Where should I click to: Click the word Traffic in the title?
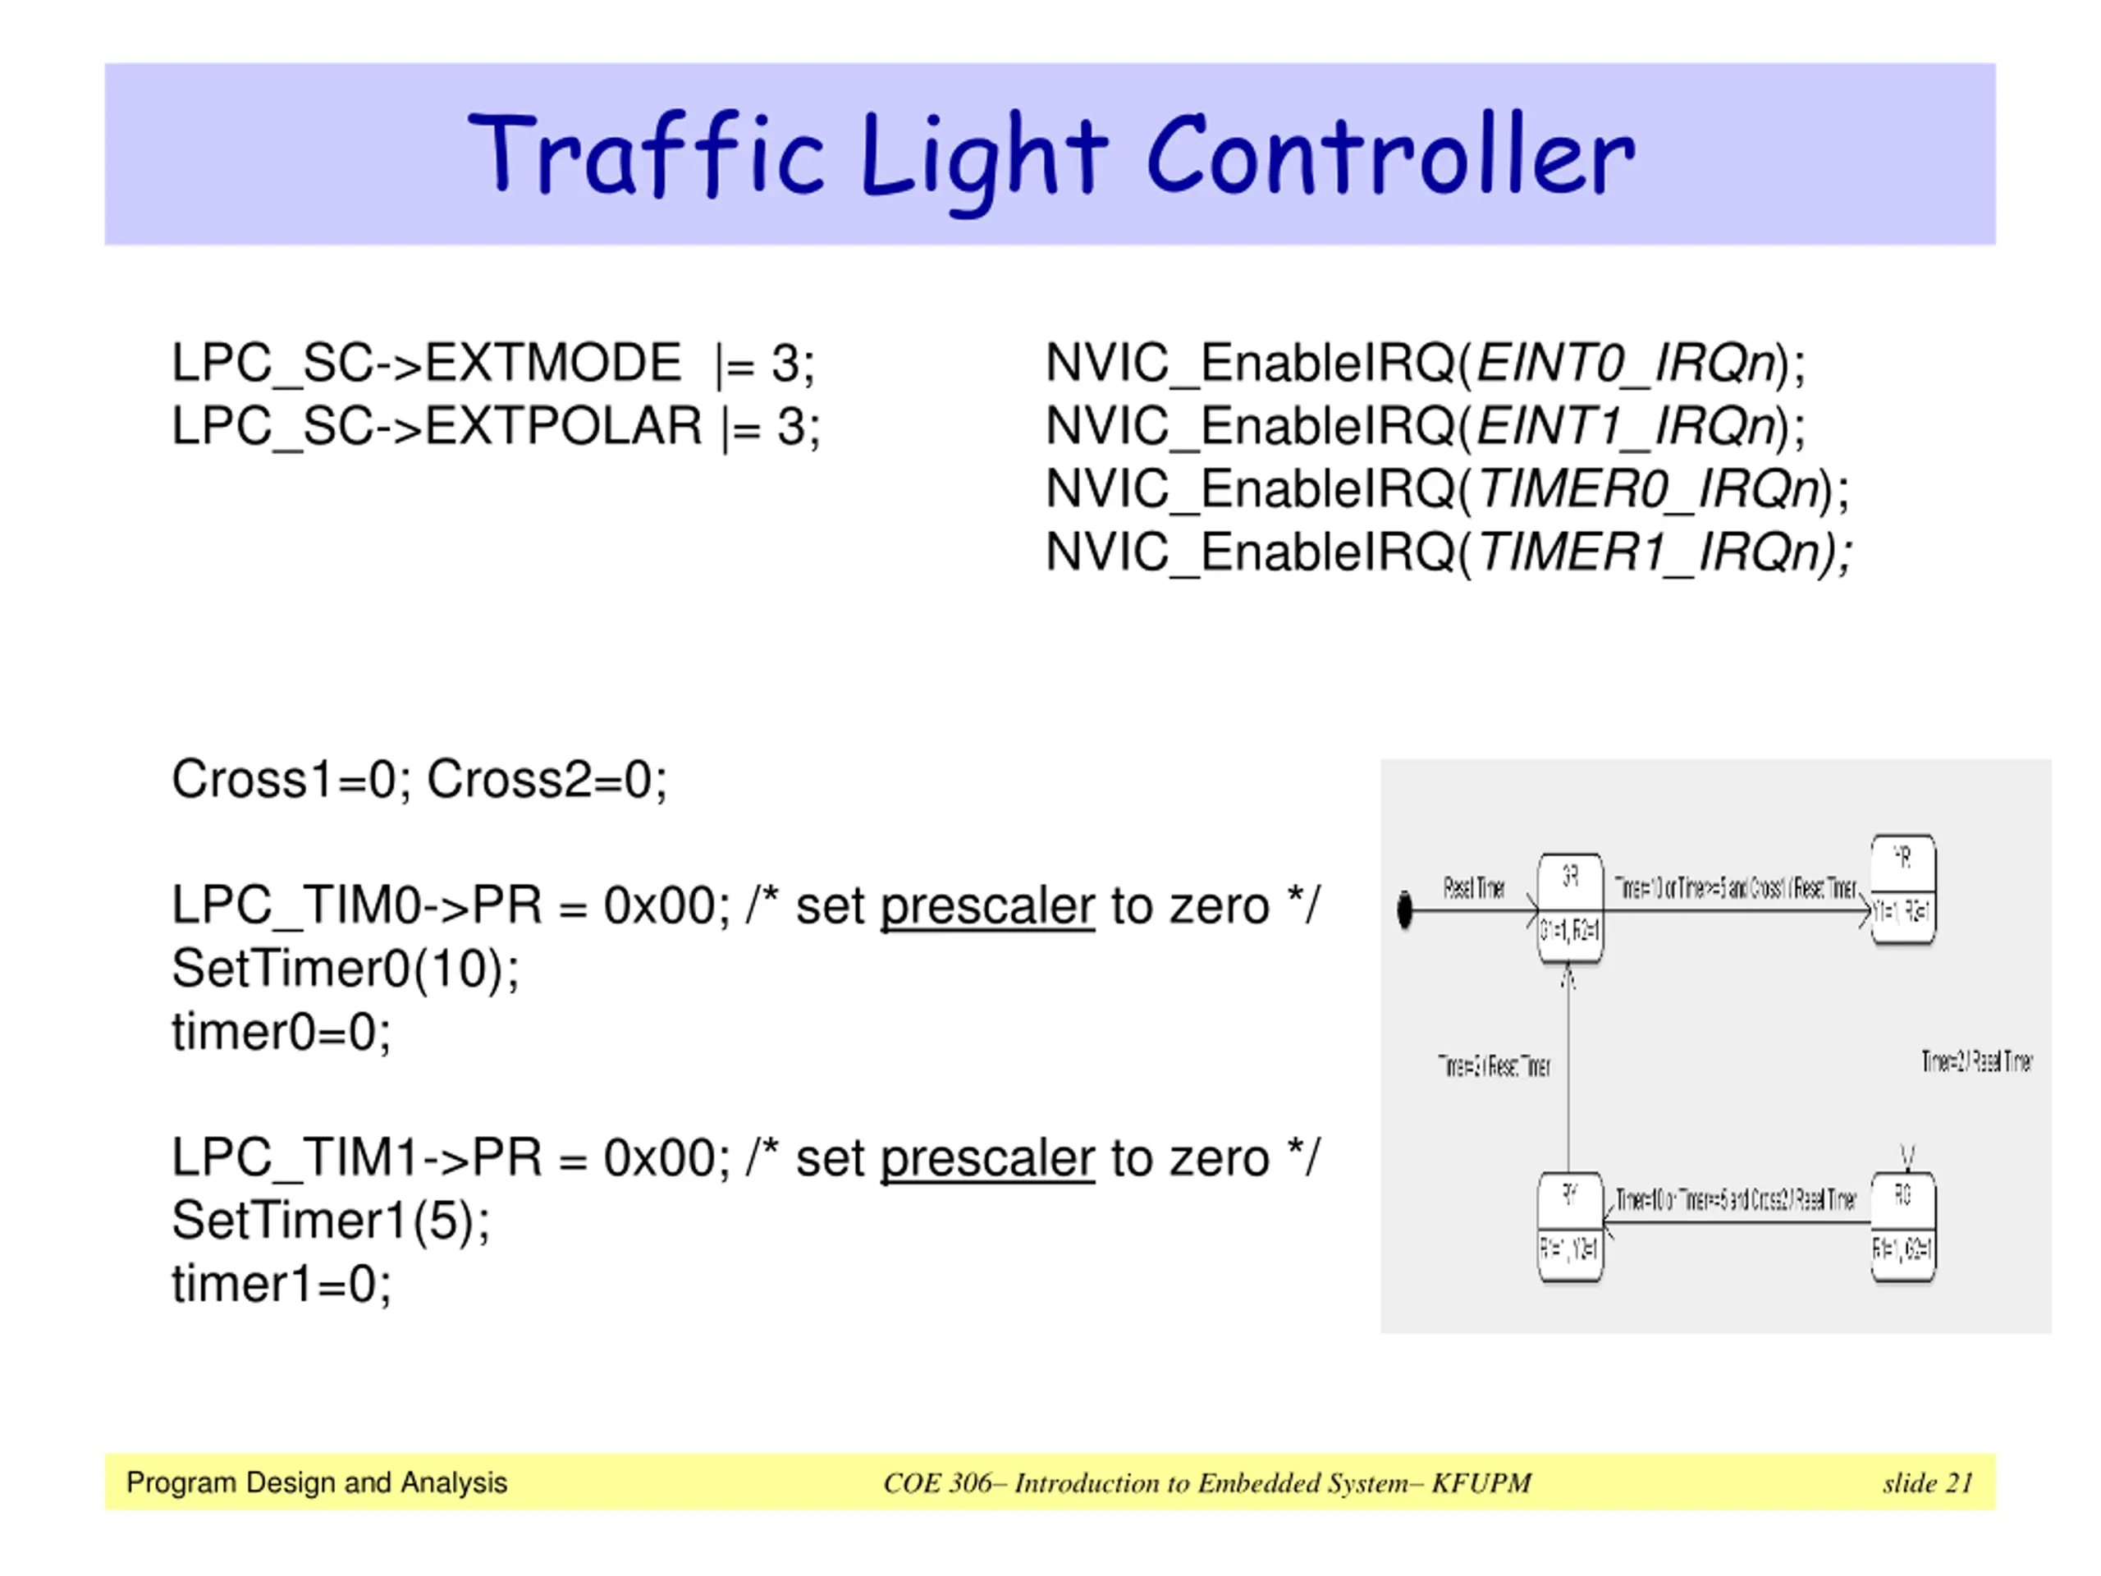646,155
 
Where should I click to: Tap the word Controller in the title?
1391,155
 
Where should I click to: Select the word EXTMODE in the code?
553,363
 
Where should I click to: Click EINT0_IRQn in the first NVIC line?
1625,363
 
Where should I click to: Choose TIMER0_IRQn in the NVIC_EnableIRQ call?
1648,489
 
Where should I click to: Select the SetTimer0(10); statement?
346,969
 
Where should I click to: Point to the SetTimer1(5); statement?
331,1221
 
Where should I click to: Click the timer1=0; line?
282,1285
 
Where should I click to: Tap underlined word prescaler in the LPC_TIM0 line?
988,906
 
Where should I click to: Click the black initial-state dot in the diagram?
1405,910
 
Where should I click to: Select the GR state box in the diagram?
1570,907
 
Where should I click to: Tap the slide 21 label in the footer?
1927,1483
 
